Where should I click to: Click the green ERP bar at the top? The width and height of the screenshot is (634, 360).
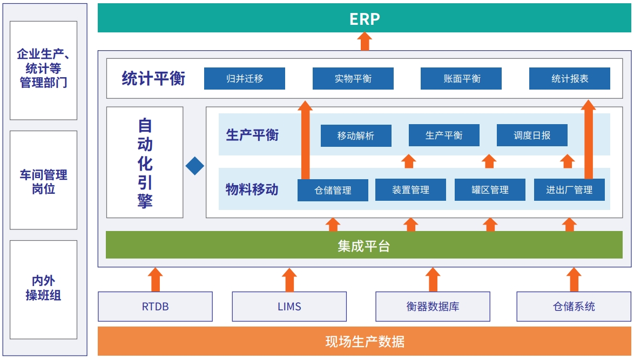point(365,18)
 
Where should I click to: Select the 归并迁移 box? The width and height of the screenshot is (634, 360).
point(245,78)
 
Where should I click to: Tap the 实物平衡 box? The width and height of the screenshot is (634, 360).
point(353,78)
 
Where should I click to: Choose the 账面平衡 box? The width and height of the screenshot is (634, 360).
point(461,78)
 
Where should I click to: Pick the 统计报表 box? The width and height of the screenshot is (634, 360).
point(570,78)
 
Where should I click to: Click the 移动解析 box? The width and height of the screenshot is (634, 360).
point(356,135)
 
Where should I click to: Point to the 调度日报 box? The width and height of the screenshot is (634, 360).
point(532,135)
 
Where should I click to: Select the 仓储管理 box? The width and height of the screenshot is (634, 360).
point(333,190)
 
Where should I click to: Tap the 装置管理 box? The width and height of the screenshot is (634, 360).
point(410,189)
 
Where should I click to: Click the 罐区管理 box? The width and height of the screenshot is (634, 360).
point(490,189)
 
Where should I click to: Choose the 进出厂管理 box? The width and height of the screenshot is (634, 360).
point(569,189)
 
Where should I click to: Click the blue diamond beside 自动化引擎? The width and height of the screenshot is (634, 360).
point(195,166)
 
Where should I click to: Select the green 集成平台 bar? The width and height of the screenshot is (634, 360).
point(364,245)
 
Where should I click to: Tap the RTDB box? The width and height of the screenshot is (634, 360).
point(156,307)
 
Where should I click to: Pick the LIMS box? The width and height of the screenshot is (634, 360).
point(289,307)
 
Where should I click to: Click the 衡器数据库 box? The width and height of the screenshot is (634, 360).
point(433,307)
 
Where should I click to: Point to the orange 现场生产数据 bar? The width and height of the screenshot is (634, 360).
point(365,342)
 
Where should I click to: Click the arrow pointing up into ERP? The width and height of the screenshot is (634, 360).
point(365,41)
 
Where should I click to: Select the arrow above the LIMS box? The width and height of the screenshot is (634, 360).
point(289,280)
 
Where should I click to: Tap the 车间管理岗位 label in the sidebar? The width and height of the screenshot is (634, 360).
point(43,182)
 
